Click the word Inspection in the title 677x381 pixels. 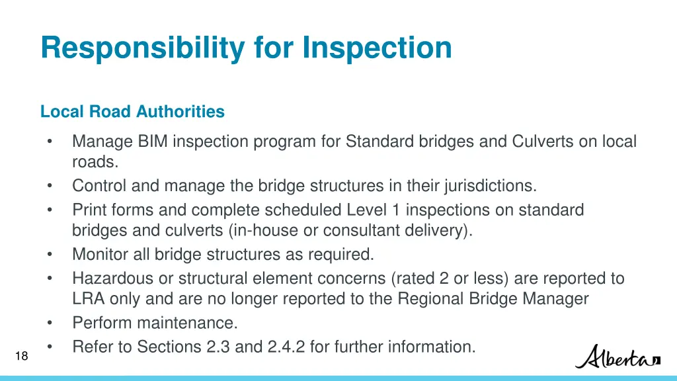(x=378, y=48)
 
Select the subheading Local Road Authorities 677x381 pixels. (x=132, y=112)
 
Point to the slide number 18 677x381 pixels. (x=21, y=357)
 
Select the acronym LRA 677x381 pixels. (x=89, y=299)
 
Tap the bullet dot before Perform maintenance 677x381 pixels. (x=50, y=323)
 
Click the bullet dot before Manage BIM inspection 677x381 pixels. (x=50, y=142)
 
